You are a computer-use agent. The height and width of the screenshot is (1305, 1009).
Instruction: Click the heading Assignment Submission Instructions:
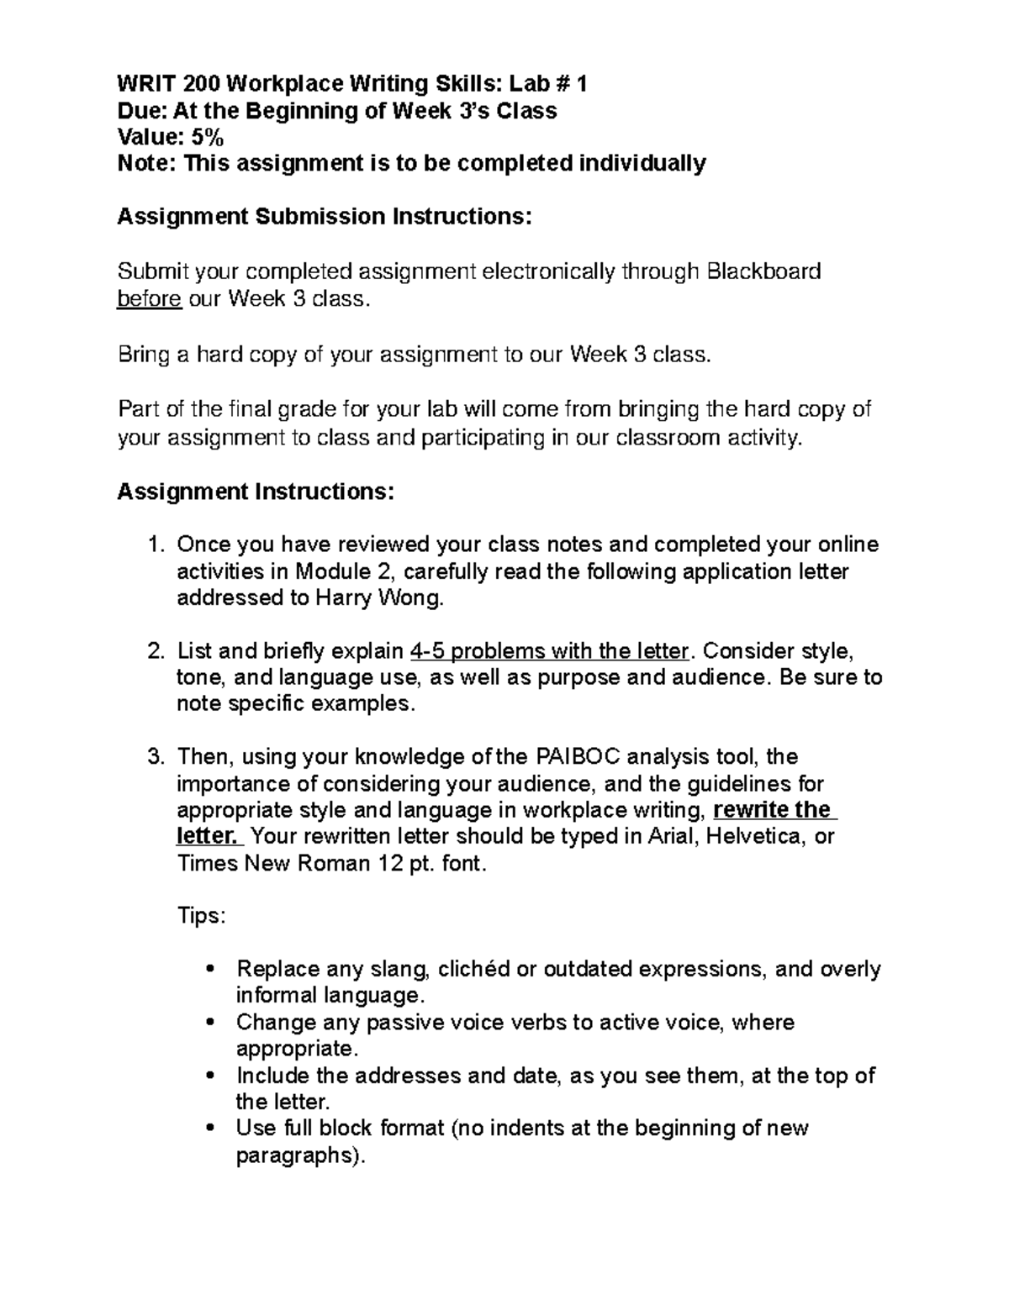click(x=325, y=217)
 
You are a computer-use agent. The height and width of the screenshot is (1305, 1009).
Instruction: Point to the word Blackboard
click(x=763, y=271)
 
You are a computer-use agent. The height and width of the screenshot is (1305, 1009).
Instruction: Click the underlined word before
click(x=149, y=298)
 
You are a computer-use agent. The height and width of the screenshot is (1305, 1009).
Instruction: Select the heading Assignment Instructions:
click(x=255, y=491)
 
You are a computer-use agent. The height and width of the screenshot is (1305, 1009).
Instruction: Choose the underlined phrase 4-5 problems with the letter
click(x=548, y=651)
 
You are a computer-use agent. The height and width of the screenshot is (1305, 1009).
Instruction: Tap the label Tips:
click(x=201, y=916)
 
